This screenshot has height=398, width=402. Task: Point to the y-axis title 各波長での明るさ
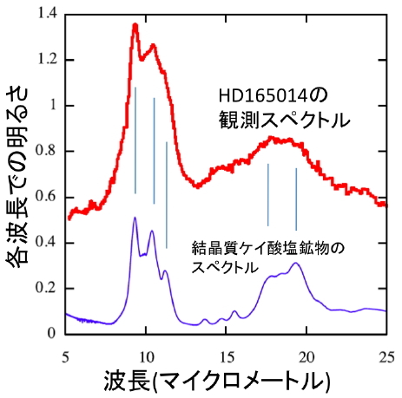(x=17, y=174)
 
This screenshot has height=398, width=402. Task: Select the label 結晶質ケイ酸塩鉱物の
(x=267, y=248)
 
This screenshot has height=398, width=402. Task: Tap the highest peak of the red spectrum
(x=135, y=25)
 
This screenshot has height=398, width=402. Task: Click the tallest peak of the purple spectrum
(x=135, y=218)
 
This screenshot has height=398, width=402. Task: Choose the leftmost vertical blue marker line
(x=135, y=139)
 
